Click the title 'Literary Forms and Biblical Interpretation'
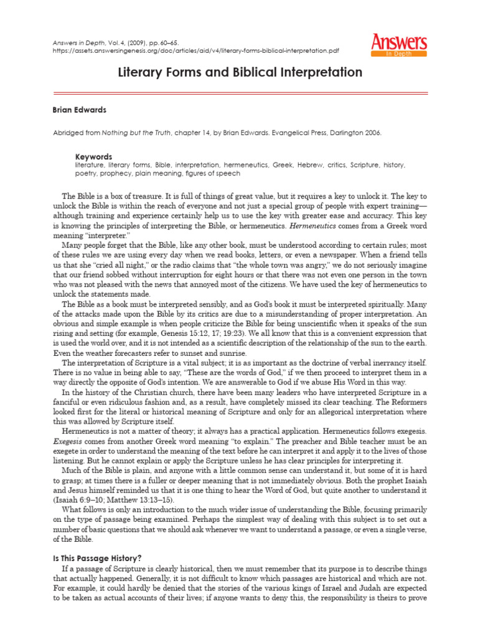(x=240, y=73)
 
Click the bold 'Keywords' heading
(x=93, y=157)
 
